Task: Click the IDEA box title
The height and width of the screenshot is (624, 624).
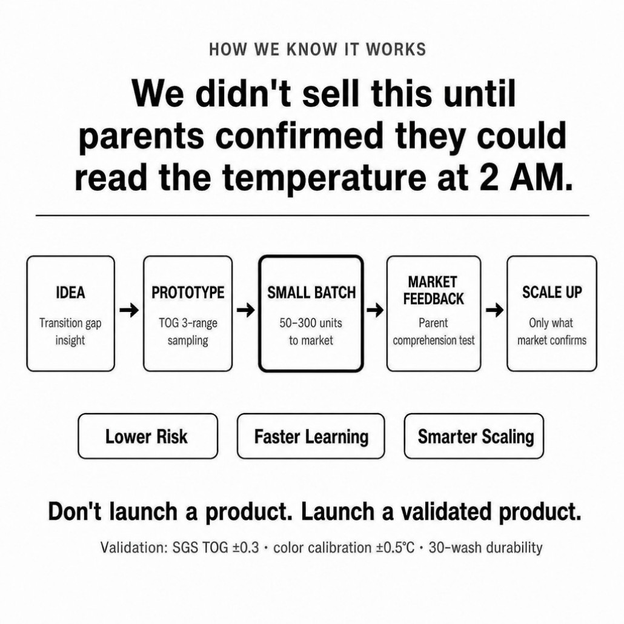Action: (x=70, y=293)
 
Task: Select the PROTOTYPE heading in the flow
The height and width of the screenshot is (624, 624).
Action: (x=188, y=293)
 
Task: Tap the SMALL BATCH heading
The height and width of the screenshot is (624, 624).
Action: (x=311, y=293)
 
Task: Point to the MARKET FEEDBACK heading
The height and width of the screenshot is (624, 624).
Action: (x=433, y=291)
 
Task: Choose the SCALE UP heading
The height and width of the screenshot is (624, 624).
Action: (x=552, y=292)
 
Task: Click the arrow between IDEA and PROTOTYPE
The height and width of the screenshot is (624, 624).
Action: (x=129, y=310)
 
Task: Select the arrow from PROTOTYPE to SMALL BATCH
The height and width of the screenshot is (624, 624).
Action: (x=245, y=310)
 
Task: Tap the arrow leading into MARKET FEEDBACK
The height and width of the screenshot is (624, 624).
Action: (x=375, y=310)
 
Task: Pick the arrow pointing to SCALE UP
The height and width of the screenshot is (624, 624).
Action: (x=494, y=310)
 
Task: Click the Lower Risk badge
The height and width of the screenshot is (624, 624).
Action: (x=148, y=436)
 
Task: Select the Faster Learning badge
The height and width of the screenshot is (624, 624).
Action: (x=311, y=436)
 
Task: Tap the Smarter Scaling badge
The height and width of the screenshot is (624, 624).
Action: (x=474, y=436)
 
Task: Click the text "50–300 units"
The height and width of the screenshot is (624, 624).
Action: (x=311, y=323)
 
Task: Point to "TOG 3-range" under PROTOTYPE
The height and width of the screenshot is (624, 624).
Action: (x=188, y=323)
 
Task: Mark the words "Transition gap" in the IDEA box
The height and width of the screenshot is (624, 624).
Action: (x=70, y=323)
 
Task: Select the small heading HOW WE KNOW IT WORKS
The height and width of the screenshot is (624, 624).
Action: (x=317, y=49)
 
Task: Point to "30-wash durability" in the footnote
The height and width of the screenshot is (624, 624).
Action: (x=485, y=548)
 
